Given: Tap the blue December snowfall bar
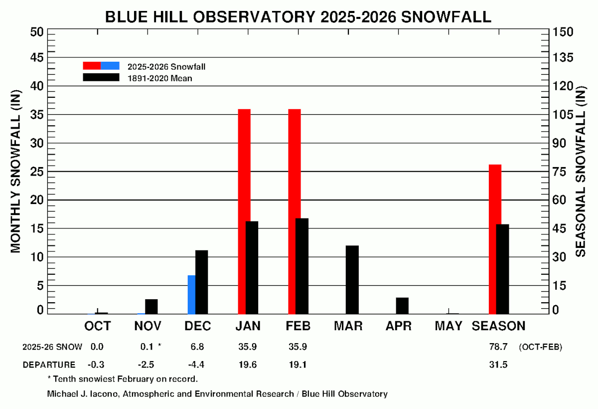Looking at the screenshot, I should [191, 294].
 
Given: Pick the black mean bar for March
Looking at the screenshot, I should [352, 280].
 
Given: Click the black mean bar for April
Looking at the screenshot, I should [402, 306].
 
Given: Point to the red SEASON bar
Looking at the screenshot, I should [495, 239].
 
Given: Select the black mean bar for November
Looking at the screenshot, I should [151, 307].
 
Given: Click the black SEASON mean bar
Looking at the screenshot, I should [502, 269].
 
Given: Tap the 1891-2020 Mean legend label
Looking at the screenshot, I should [159, 78].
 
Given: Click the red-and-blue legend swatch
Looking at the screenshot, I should [101, 65].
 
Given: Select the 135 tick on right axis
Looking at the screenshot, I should [563, 58].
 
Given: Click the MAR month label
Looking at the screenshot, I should [348, 326].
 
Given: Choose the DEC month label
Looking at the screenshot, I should [198, 326].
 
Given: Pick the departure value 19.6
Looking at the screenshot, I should [247, 365].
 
